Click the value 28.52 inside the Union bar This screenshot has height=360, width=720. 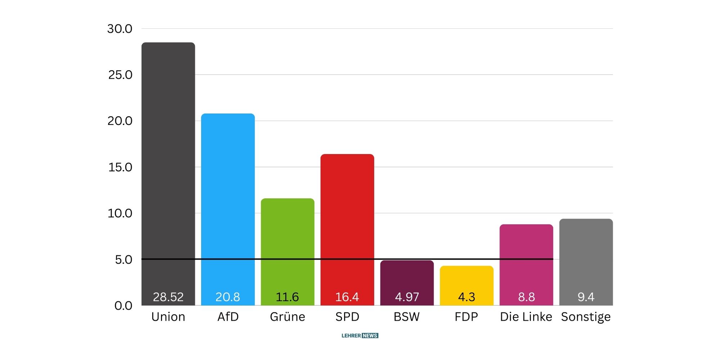168,297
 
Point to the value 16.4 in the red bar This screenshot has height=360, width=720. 347,297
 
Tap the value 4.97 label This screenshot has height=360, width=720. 407,297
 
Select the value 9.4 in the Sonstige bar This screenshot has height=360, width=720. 586,297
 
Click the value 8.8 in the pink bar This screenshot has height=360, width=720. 526,297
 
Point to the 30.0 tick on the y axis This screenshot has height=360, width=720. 120,29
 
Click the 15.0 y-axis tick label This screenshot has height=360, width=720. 120,167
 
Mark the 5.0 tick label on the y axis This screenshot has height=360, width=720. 123,260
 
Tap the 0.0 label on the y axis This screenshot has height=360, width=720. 123,306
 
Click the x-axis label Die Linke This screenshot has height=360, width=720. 526,317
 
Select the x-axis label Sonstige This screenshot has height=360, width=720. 586,317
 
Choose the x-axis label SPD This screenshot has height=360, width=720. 347,317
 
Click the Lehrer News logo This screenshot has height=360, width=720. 360,336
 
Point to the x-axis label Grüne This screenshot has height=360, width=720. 287,317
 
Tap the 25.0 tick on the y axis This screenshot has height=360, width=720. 120,75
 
